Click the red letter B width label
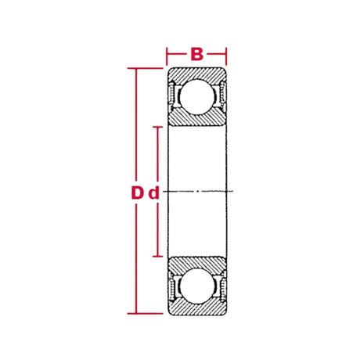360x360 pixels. tap(196, 54)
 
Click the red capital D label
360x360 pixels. tap(137, 193)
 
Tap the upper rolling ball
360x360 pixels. tap(196, 97)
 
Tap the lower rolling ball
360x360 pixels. tap(196, 286)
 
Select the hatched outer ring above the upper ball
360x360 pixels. tap(196, 75)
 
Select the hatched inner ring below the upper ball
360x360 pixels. tap(196, 118)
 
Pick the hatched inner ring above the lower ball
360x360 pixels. tap(196, 264)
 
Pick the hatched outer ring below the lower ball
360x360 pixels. tap(196, 307)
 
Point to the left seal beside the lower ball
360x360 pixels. tap(173, 286)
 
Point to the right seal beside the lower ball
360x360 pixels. tap(221, 286)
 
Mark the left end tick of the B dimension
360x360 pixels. tap(167, 56)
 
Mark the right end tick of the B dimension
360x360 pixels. tap(226, 56)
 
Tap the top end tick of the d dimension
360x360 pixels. tap(159, 126)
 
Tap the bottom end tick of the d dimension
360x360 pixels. tap(159, 257)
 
